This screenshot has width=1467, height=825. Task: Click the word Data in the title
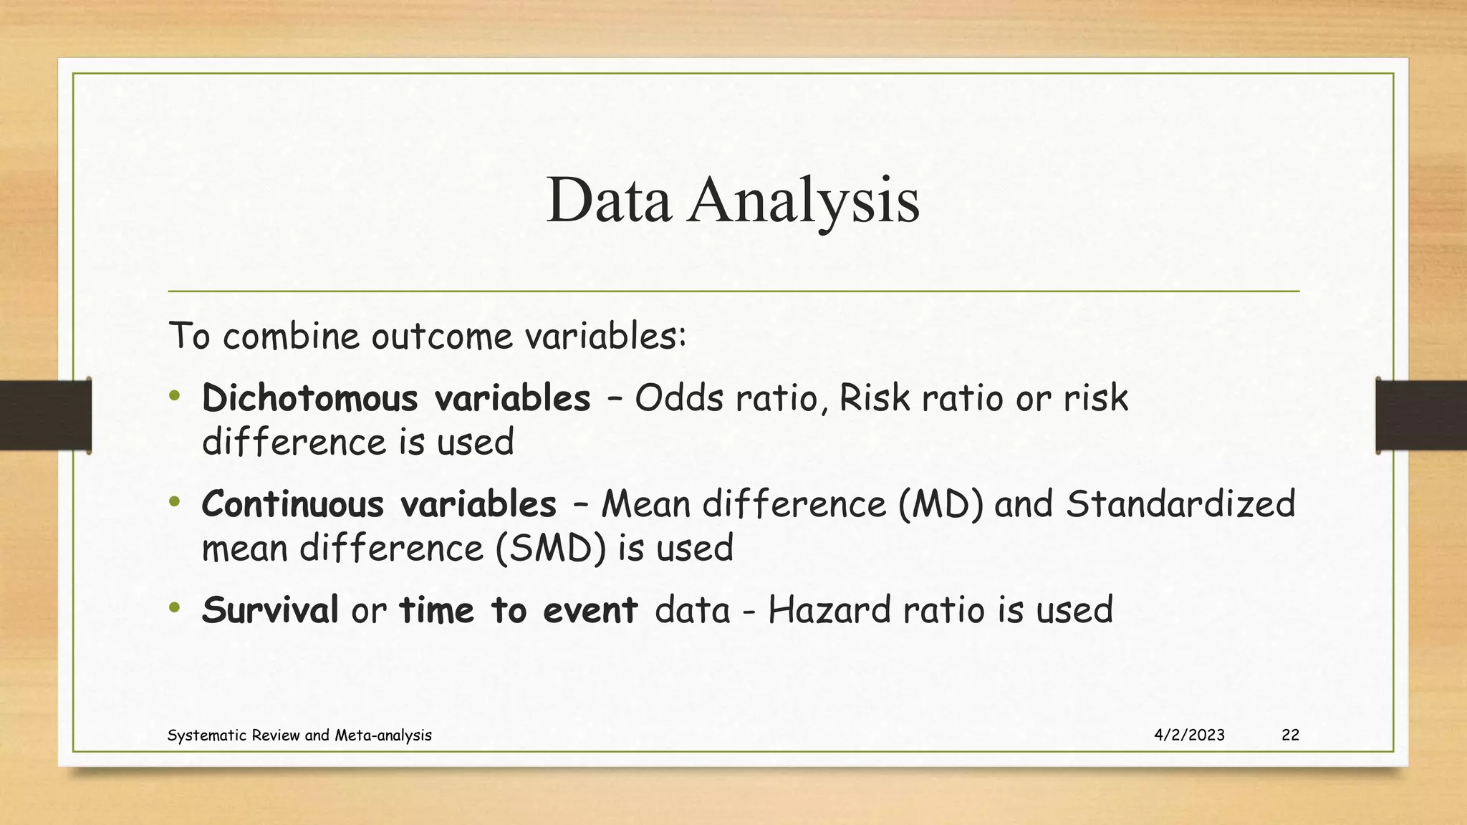pyautogui.click(x=608, y=201)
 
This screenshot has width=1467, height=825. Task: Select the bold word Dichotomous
pyautogui.click(x=310, y=398)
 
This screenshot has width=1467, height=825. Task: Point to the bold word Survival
pyautogui.click(x=269, y=610)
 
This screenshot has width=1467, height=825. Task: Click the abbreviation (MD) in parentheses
pyautogui.click(x=941, y=504)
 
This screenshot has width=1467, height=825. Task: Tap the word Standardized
pyautogui.click(x=1180, y=504)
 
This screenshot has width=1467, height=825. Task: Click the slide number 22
pyautogui.click(x=1290, y=735)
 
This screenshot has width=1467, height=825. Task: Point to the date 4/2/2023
pyautogui.click(x=1189, y=735)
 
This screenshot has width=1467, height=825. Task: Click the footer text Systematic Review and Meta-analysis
pyautogui.click(x=299, y=735)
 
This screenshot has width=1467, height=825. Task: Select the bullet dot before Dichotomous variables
pyautogui.click(x=175, y=396)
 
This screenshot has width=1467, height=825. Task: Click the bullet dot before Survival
pyautogui.click(x=175, y=608)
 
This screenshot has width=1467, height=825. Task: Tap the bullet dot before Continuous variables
pyautogui.click(x=175, y=502)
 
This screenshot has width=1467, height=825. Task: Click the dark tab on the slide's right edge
pyautogui.click(x=1421, y=415)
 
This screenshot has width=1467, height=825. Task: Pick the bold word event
pyautogui.click(x=590, y=610)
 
